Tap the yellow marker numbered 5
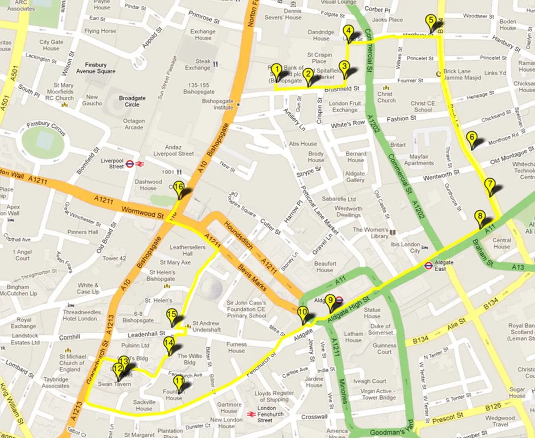[x=430, y=21]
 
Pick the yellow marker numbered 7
[x=490, y=184]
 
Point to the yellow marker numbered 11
[x=179, y=381]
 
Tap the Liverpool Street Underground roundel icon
[x=129, y=164]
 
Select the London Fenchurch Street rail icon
[x=251, y=414]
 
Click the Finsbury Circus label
[x=46, y=128]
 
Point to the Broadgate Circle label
[x=129, y=101]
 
